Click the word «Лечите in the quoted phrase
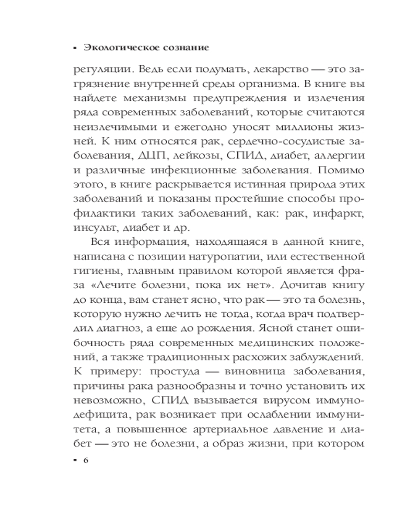point(113,286)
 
